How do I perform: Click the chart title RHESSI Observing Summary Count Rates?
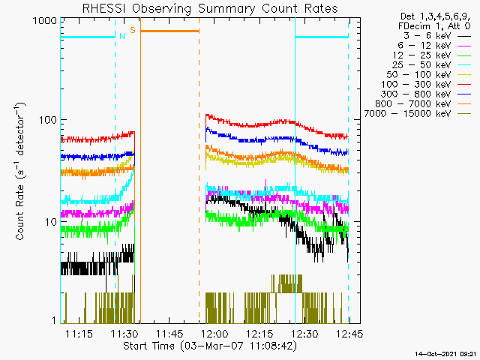(x=210, y=8)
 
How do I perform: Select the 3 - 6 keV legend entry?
(x=436, y=36)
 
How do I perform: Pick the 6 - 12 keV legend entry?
(x=434, y=46)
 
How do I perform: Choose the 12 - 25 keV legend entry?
(x=432, y=55)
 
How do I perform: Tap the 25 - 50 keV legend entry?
(x=432, y=65)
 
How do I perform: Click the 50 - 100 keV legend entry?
(x=428, y=75)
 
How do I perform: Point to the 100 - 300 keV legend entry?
(x=426, y=85)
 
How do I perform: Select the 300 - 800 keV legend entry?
(x=426, y=94)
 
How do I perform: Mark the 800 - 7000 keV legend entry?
(x=423, y=104)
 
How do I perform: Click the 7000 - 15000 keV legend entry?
(x=418, y=114)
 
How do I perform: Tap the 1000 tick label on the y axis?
(x=45, y=21)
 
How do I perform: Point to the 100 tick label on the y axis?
(x=48, y=120)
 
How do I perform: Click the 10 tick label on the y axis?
(x=51, y=222)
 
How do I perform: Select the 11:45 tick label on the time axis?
(x=169, y=333)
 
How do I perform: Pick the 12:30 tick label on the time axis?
(x=304, y=333)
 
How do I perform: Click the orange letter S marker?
(x=133, y=30)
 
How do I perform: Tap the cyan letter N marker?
(x=122, y=36)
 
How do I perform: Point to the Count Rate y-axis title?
(x=20, y=172)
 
